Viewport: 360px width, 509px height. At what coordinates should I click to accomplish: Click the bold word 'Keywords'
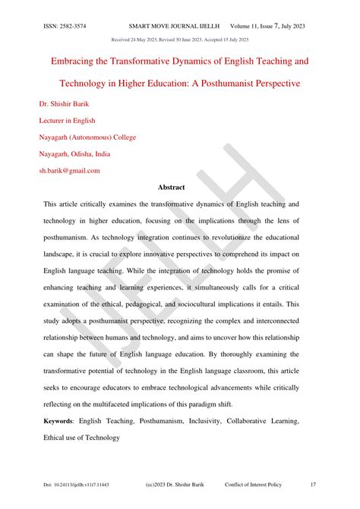pyautogui.click(x=60, y=420)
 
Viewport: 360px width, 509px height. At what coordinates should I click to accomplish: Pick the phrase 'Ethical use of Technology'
pyautogui.click(x=82, y=438)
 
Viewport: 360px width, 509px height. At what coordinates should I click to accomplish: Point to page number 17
pyautogui.click(x=313, y=484)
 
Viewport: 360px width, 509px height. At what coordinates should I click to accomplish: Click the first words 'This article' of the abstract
pyautogui.click(x=61, y=205)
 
